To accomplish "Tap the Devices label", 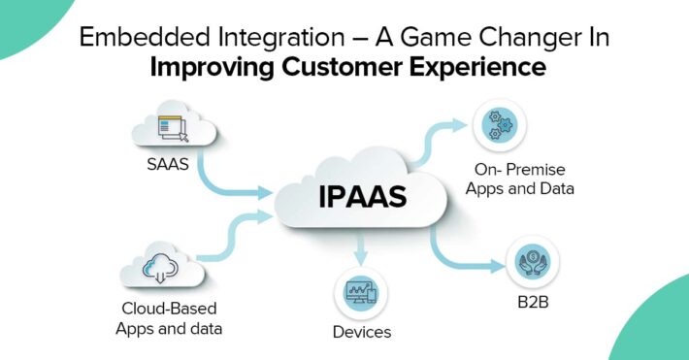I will point(362,332).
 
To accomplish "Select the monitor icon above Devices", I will point(362,292).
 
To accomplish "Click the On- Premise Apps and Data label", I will point(519,180).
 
